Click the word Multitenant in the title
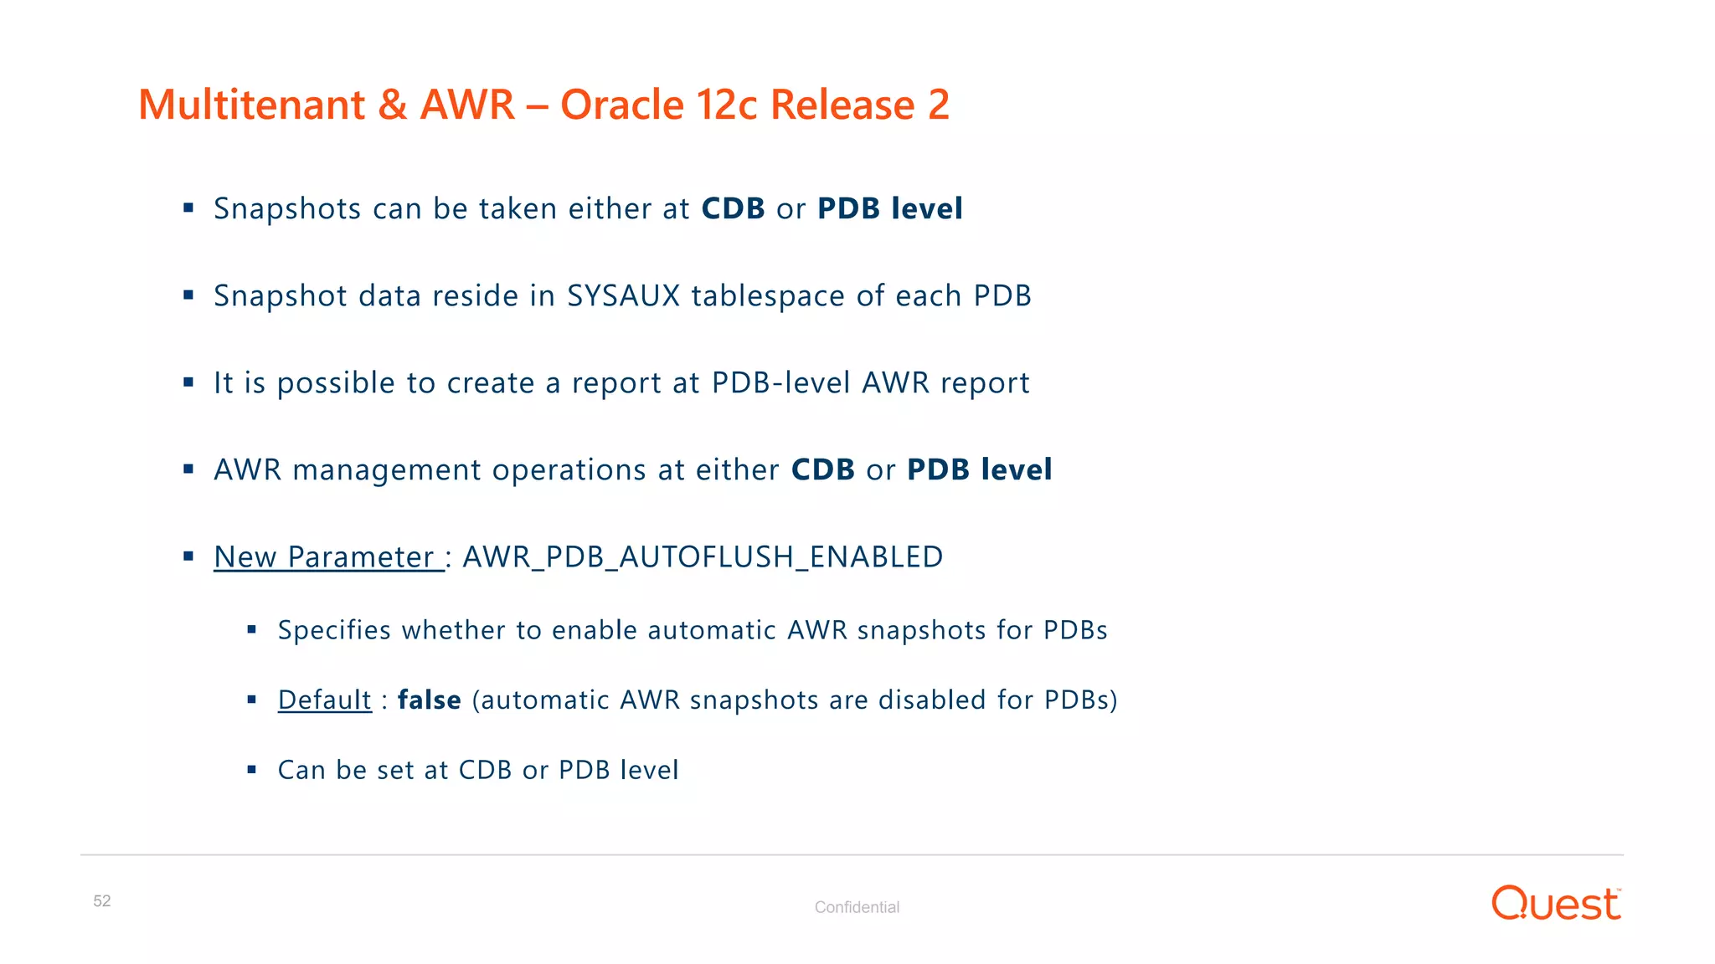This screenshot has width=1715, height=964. pos(251,105)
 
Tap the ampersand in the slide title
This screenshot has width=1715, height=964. pos(392,105)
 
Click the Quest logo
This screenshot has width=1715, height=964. pos(1556,904)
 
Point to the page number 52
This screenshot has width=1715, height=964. pos(102,901)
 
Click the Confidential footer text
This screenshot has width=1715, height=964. pos(857,907)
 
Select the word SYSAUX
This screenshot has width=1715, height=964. pos(623,296)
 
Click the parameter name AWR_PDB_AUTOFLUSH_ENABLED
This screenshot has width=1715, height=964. pos(703,557)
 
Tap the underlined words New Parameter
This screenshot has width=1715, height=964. pos(327,557)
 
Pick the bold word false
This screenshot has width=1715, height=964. pos(429,700)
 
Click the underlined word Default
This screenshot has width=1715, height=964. pos(324,700)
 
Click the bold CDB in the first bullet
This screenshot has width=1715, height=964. pos(733,209)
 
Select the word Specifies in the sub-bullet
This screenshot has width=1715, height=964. pos(334,630)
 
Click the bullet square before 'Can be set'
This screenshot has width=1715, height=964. pos(251,770)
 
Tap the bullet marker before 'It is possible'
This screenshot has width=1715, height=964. pos(188,383)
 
